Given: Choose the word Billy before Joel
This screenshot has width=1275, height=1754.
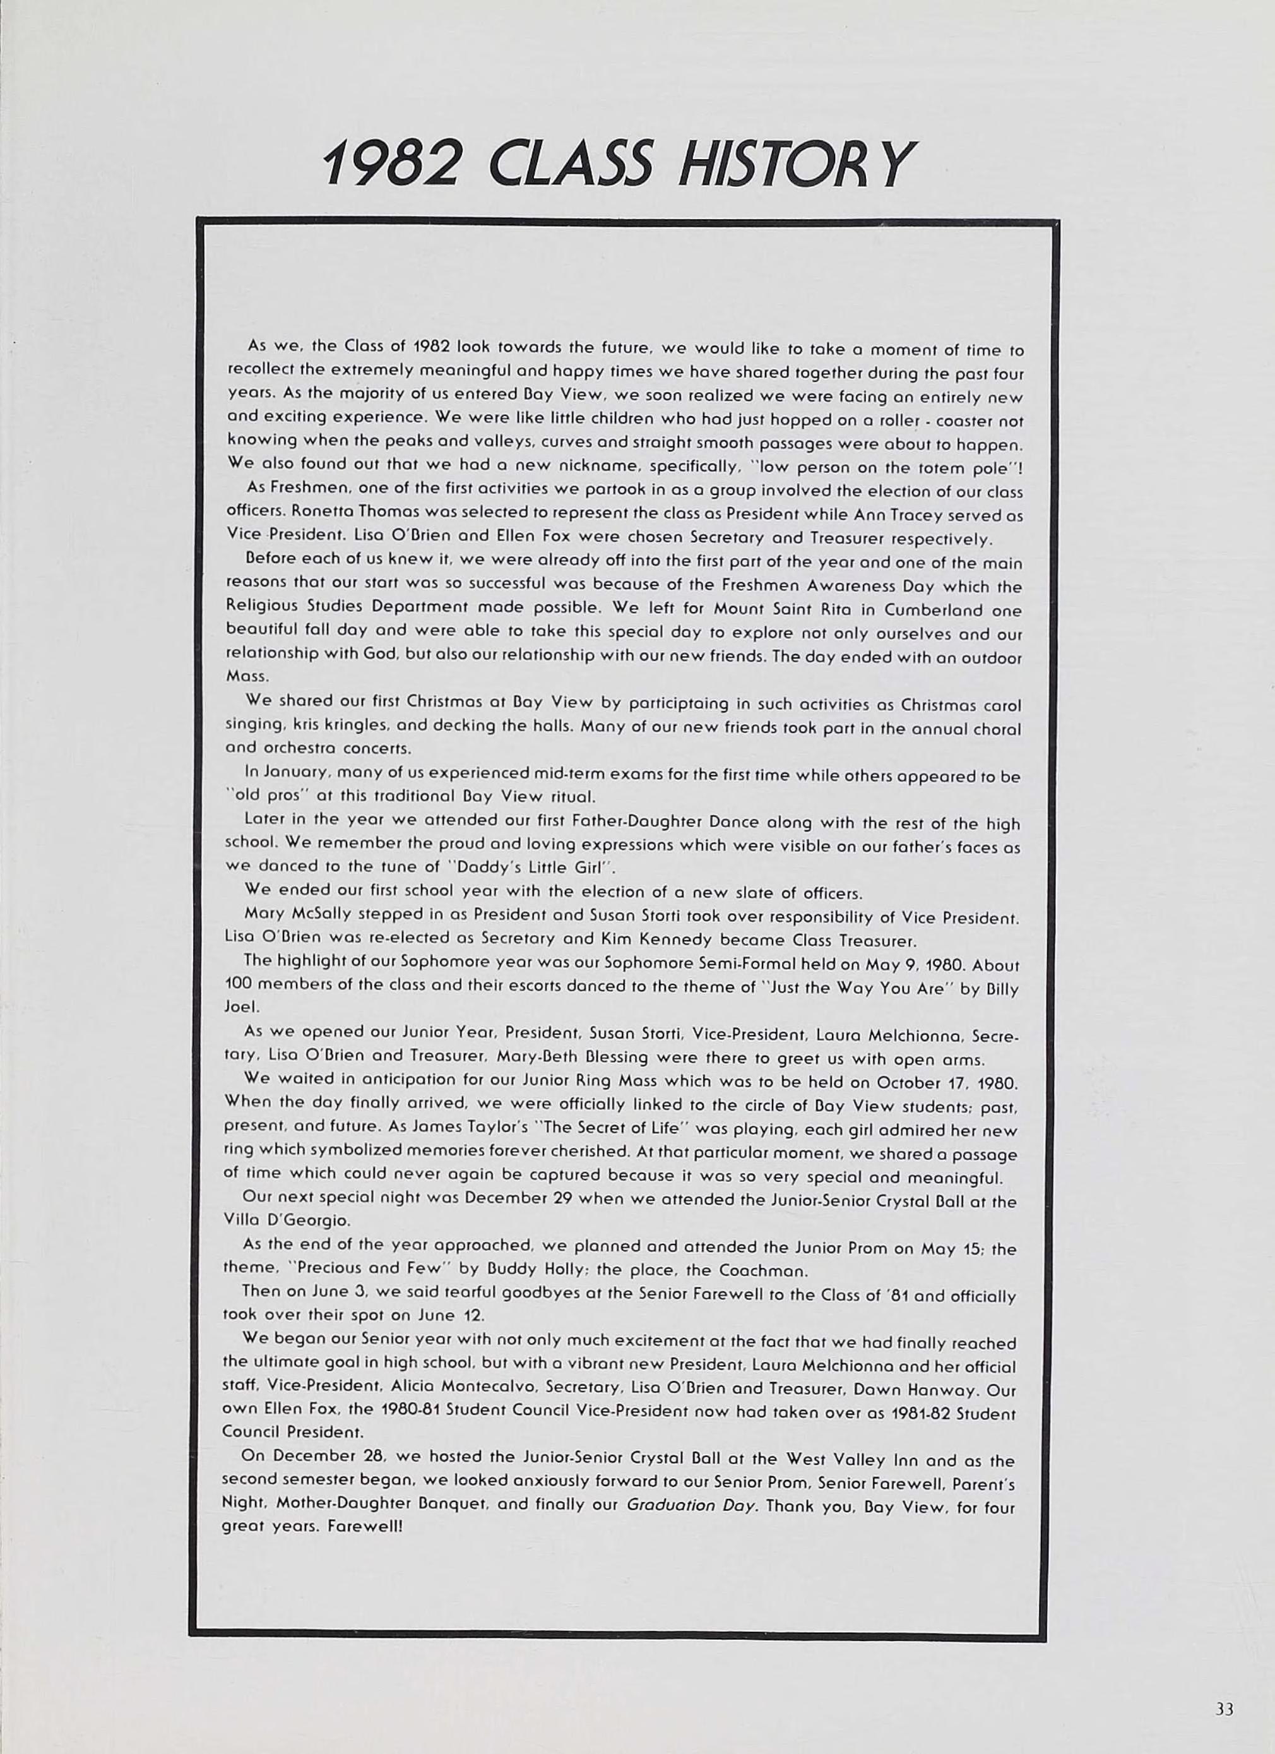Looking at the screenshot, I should pyautogui.click(x=1000, y=990).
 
